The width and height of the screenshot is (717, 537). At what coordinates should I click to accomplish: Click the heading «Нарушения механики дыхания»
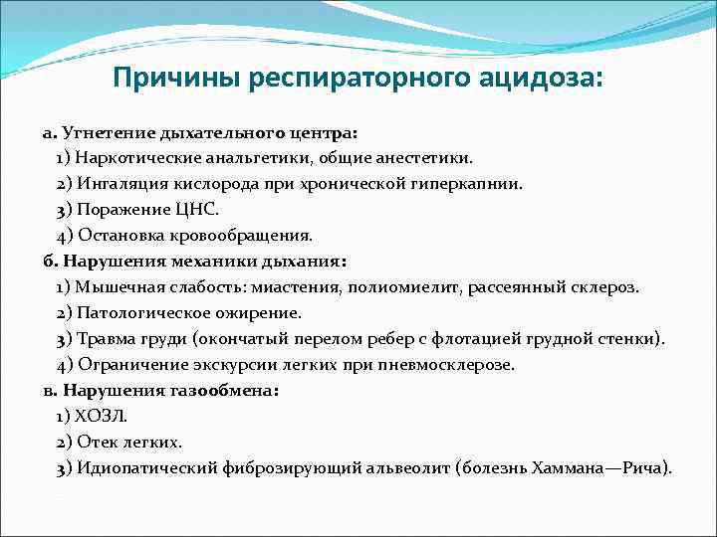(203, 262)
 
